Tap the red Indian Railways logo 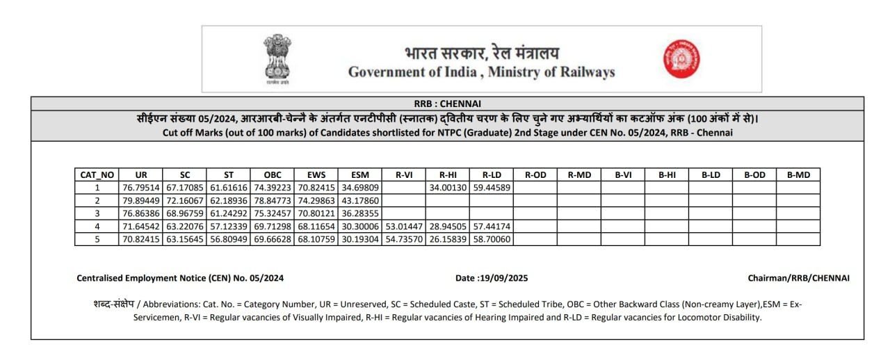pos(681,58)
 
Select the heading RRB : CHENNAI pos(447,104)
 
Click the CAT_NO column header pos(97,175)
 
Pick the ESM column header pos(360,175)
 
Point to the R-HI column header pos(447,175)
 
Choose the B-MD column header pos(798,175)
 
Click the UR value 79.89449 pos(141,200)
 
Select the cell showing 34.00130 pos(447,188)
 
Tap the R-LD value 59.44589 pos(491,188)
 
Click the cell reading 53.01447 pos(403,227)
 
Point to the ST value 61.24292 pos(229,213)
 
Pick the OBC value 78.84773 pos(273,200)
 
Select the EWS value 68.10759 pos(316,240)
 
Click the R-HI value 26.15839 pos(447,240)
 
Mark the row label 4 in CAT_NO pos(97,227)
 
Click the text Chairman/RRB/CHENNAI pos(798,278)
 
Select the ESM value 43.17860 pos(360,200)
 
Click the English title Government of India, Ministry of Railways pos(481,72)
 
